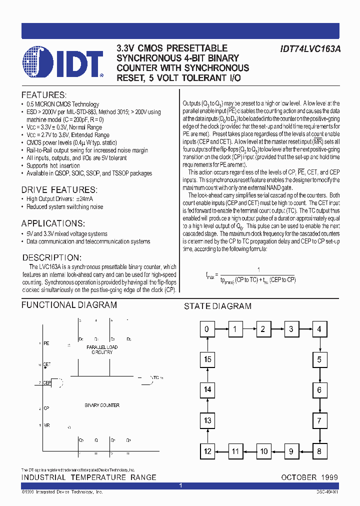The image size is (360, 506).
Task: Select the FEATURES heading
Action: pyautogui.click(x=43, y=95)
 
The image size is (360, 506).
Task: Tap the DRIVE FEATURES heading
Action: pyautogui.click(x=59, y=190)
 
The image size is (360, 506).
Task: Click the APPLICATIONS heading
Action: pyautogui.click(x=53, y=223)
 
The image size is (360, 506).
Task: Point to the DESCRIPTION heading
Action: pyautogui.click(x=52, y=257)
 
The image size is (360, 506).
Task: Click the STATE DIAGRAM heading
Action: pyautogui.click(x=217, y=306)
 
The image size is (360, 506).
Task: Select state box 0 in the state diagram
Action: pyautogui.click(x=207, y=329)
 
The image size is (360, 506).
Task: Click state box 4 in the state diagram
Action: pyautogui.click(x=319, y=329)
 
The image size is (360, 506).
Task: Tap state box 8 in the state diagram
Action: pyautogui.click(x=319, y=451)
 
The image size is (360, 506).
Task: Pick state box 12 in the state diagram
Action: pyautogui.click(x=207, y=451)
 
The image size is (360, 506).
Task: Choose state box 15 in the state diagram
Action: pyautogui.click(x=207, y=359)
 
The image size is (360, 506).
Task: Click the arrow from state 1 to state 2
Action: pyautogui.click(x=249, y=329)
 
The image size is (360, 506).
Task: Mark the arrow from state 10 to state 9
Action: pyautogui.click(x=277, y=451)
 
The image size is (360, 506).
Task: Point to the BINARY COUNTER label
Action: pyautogui.click(x=102, y=405)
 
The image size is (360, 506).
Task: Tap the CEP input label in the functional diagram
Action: pyautogui.click(x=47, y=382)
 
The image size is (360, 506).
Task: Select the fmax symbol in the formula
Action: pyautogui.click(x=210, y=275)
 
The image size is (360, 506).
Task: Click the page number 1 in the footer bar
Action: pyautogui.click(x=180, y=485)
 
